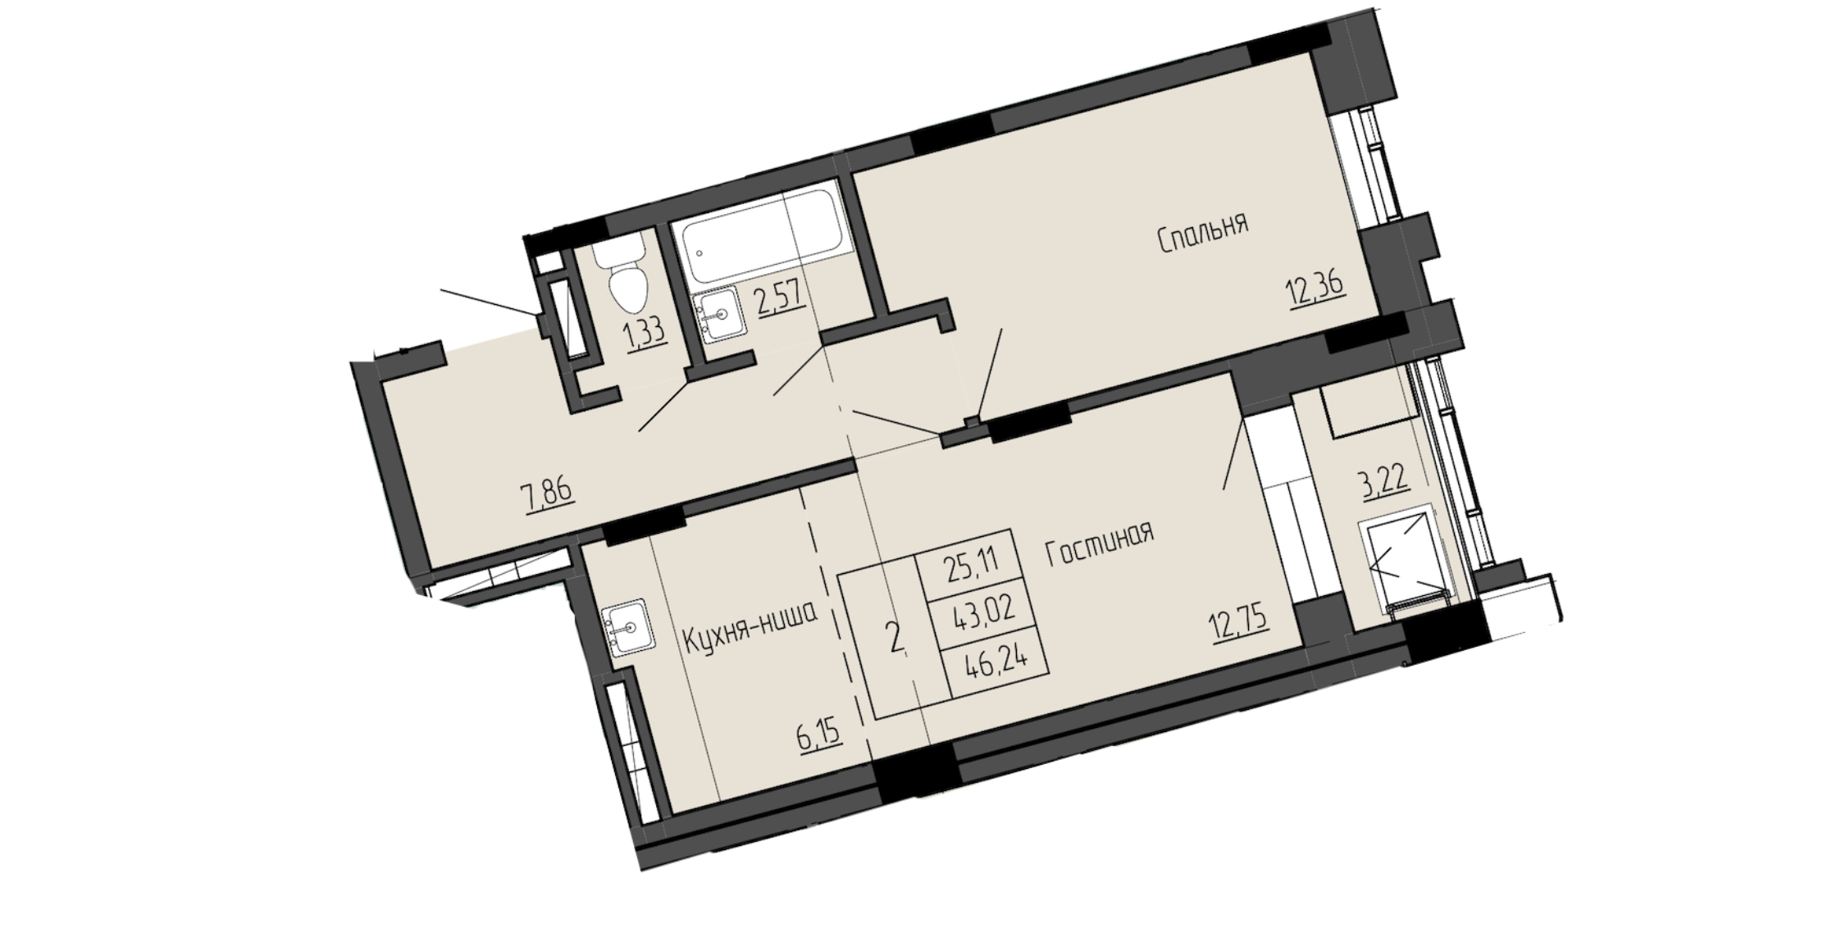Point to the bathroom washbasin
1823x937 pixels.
coord(719,314)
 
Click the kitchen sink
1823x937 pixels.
coord(628,626)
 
